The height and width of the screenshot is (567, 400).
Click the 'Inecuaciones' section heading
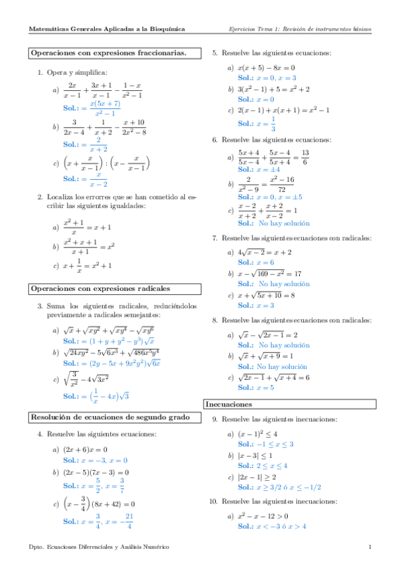click(228, 404)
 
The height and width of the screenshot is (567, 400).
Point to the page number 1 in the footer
click(369, 548)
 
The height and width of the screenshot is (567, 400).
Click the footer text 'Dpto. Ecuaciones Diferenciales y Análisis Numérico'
click(99, 548)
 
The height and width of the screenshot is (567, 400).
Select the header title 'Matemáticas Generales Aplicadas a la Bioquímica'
click(108, 29)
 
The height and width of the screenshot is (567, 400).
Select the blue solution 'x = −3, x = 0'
click(104, 460)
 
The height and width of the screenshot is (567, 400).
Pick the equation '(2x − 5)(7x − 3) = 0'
click(95, 472)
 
